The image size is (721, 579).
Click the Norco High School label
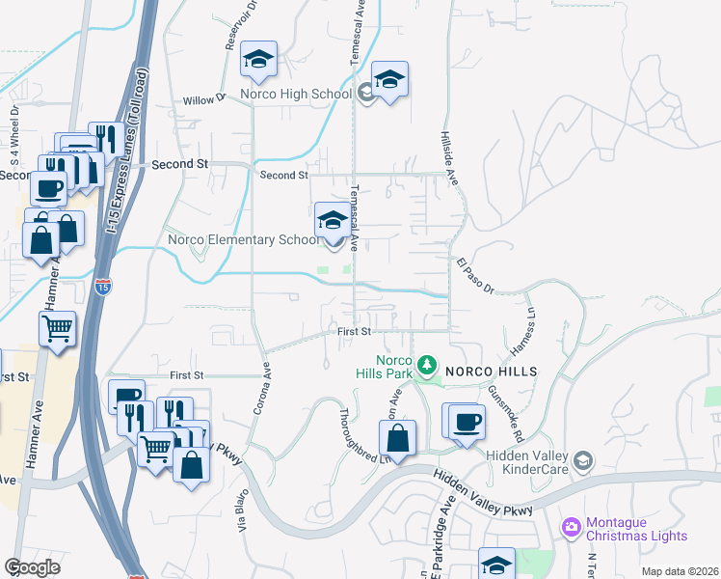pyautogui.click(x=300, y=94)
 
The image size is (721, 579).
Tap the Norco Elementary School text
pyautogui.click(x=242, y=239)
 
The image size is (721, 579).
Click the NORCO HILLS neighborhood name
pyautogui.click(x=489, y=371)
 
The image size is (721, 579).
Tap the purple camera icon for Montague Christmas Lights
pyautogui.click(x=572, y=526)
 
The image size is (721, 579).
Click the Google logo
pyautogui.click(x=32, y=566)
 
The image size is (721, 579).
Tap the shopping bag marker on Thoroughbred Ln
pyautogui.click(x=397, y=439)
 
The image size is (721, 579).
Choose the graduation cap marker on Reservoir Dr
pyautogui.click(x=258, y=60)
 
